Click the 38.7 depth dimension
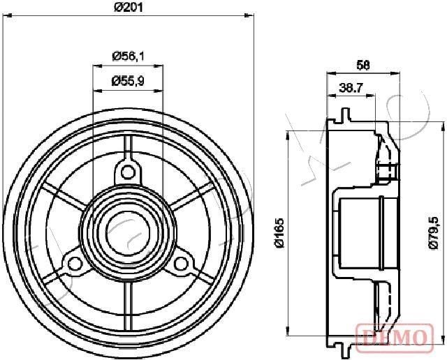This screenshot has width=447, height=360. (351, 88)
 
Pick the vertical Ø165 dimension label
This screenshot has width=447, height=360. (279, 233)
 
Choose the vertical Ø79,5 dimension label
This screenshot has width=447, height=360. (433, 230)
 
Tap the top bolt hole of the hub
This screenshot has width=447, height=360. (127, 171)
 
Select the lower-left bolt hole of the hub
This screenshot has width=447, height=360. (73, 263)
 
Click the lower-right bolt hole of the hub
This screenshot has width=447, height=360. (181, 263)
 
